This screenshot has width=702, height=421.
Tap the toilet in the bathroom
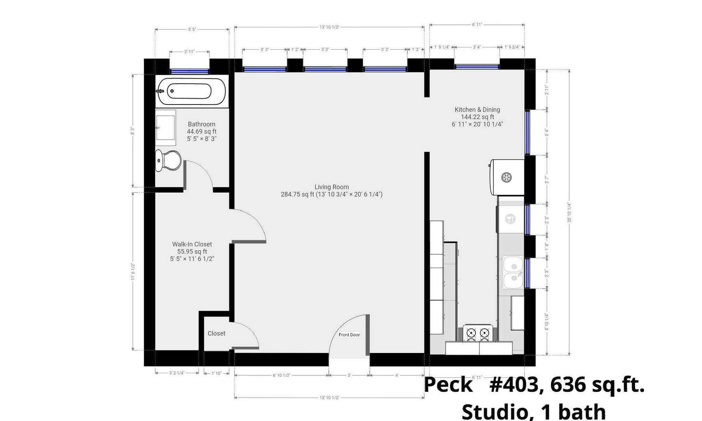pyautogui.click(x=169, y=160)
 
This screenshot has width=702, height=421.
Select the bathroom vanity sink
pyautogui.click(x=165, y=128)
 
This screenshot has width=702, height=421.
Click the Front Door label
pyautogui.click(x=349, y=335)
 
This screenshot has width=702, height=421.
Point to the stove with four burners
pyautogui.click(x=478, y=333)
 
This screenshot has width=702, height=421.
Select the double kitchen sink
pyautogui.click(x=513, y=272)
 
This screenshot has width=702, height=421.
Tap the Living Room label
pyautogui.click(x=332, y=187)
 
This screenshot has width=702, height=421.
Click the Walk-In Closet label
pyautogui.click(x=192, y=244)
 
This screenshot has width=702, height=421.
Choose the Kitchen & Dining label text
pyautogui.click(x=477, y=110)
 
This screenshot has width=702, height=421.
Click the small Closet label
pyautogui.click(x=216, y=333)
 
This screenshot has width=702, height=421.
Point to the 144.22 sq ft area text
pyautogui.click(x=477, y=117)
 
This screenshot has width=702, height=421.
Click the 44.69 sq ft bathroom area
pyautogui.click(x=201, y=132)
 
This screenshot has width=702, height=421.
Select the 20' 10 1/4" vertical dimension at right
pyautogui.click(x=569, y=212)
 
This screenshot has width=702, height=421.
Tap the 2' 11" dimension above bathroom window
pyautogui.click(x=189, y=52)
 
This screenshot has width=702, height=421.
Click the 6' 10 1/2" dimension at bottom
pyautogui.click(x=281, y=375)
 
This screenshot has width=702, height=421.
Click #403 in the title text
pyautogui.click(x=514, y=385)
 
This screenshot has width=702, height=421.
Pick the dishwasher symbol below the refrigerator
pyautogui.click(x=510, y=219)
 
